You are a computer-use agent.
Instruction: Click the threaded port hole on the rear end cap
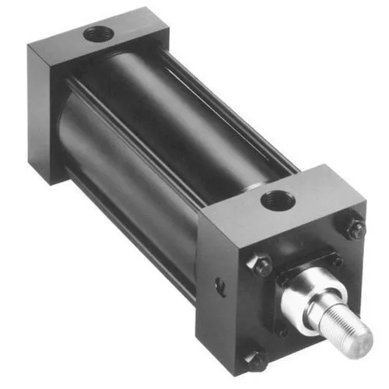(98, 34)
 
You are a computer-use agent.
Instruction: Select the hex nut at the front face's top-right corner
(355, 230)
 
